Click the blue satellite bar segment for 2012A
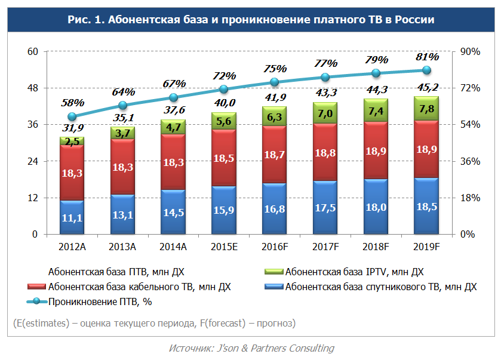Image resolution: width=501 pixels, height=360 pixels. click(72, 217)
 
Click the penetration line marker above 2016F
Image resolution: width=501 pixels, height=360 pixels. click(274, 82)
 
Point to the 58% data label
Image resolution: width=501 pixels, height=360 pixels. click(72, 103)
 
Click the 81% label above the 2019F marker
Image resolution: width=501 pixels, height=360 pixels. click(427, 57)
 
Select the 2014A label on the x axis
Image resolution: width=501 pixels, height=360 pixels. click(173, 246)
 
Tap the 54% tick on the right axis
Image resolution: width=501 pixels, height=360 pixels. click(468, 124)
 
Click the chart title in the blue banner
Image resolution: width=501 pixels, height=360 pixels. click(250, 20)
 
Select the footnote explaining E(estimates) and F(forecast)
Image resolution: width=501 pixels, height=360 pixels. click(154, 323)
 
